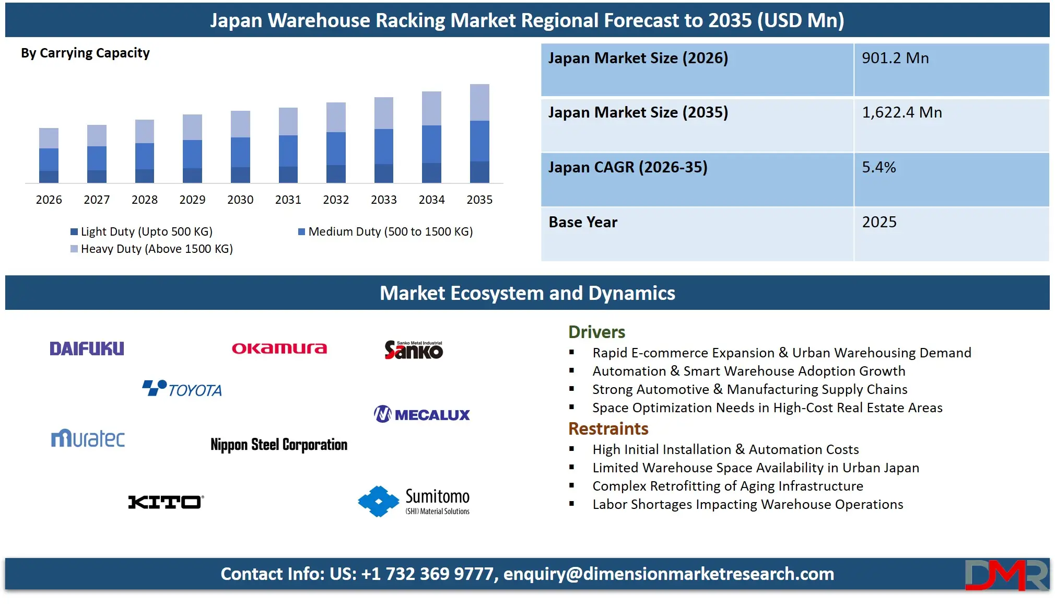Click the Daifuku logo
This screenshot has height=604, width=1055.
pos(87,349)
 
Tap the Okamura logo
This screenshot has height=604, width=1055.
pos(279,349)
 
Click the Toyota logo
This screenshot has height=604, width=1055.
pos(182,389)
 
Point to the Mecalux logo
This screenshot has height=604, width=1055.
pos(422,414)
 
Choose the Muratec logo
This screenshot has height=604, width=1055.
pos(88,438)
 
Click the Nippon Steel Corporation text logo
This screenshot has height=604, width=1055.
pos(279,445)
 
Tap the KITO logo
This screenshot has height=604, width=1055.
pos(166,502)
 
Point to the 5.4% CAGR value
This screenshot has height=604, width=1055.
pos(879,167)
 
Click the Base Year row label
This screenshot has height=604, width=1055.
pos(583,222)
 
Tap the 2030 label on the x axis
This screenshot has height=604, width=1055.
pos(240,200)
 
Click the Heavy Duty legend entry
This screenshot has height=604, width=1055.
pos(152,249)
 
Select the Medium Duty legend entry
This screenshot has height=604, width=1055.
pos(385,231)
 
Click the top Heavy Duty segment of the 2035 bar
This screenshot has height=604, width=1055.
pos(479,102)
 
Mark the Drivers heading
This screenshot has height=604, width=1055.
pos(596,332)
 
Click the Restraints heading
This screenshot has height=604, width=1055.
pos(608,428)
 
